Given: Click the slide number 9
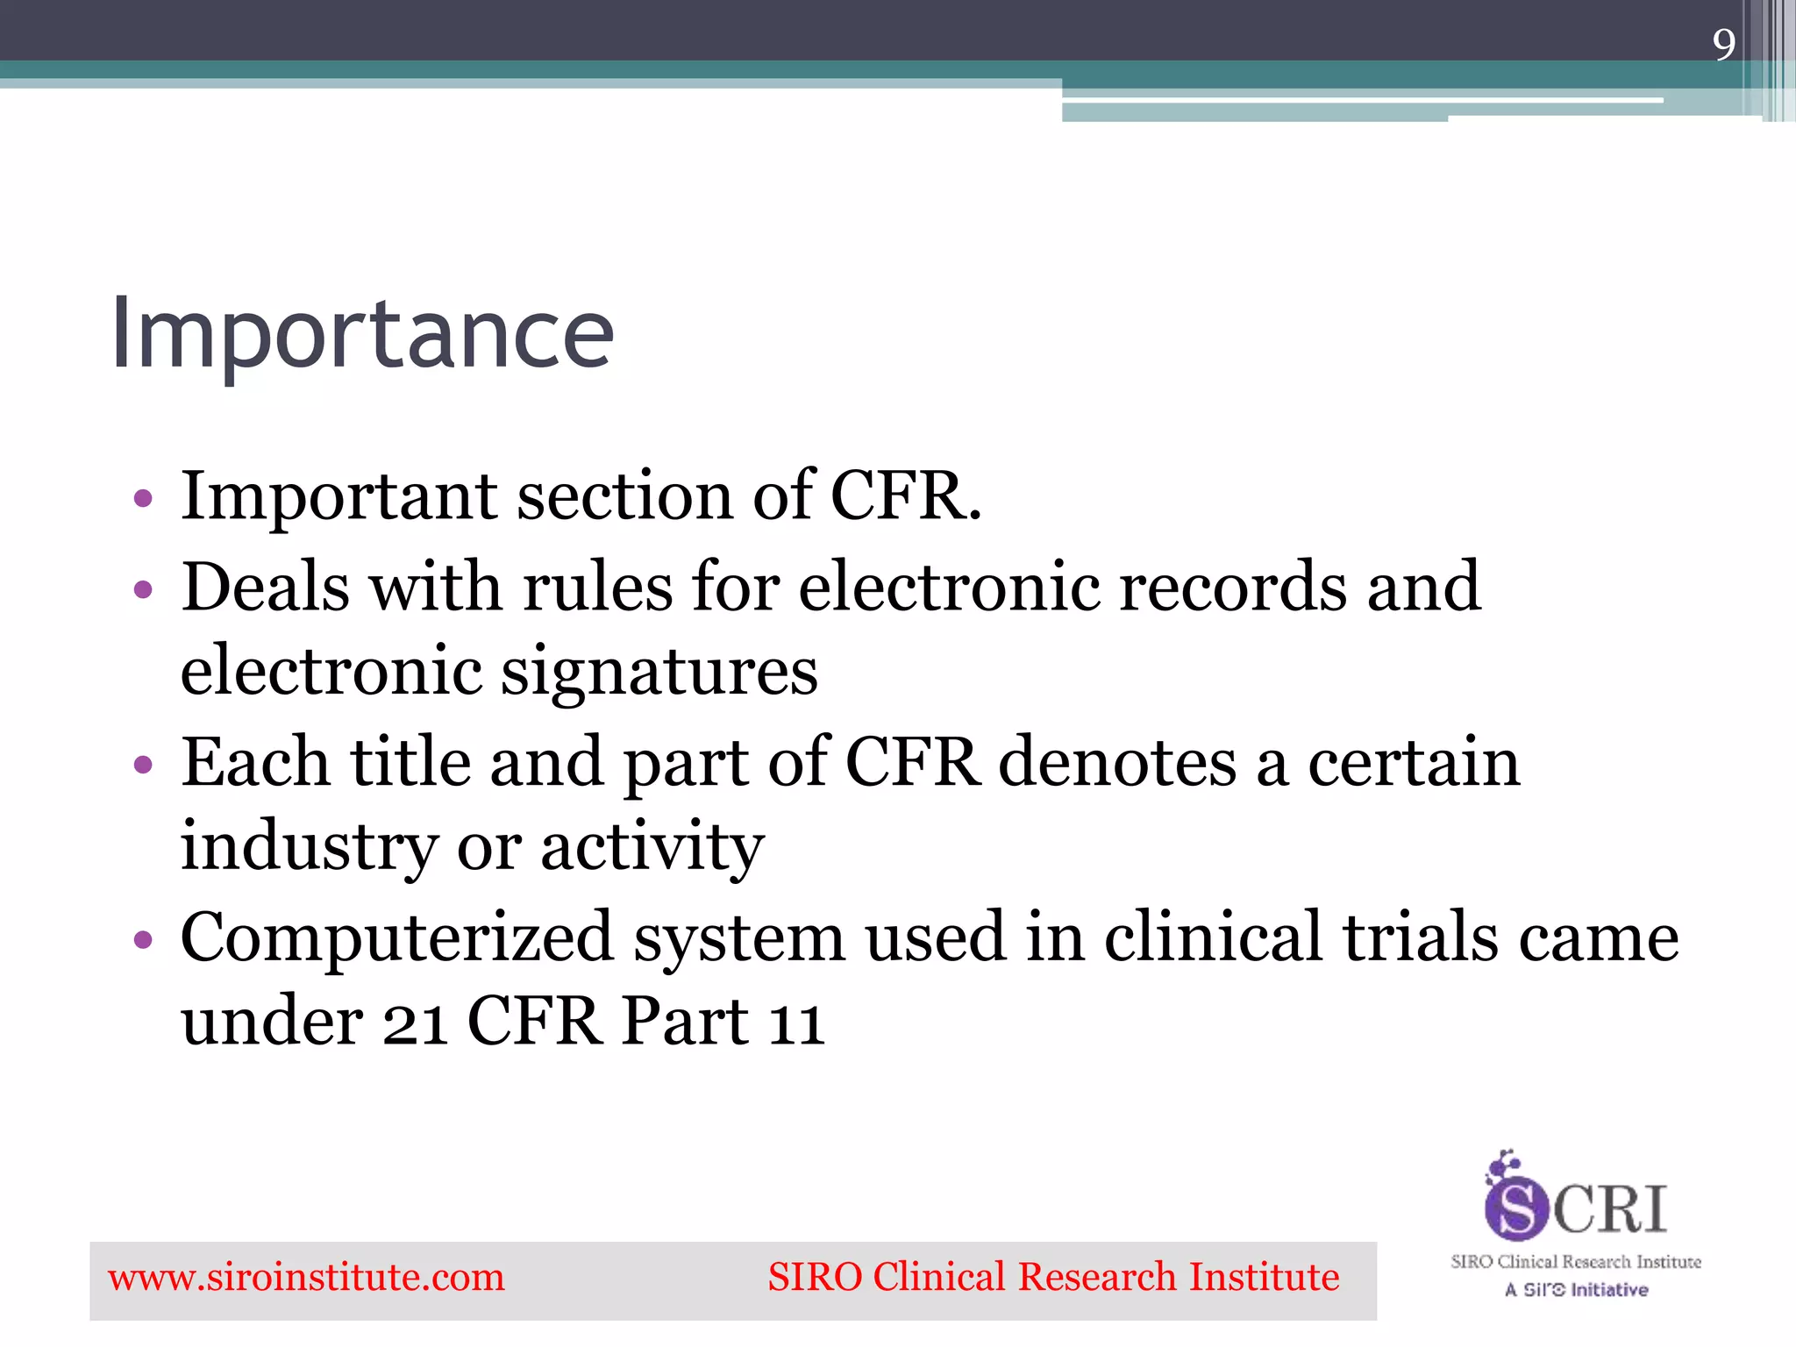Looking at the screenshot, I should click(1723, 45).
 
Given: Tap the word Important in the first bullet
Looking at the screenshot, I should click(339, 496).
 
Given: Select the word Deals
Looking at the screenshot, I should click(265, 587).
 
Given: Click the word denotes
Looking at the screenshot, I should click(1116, 762).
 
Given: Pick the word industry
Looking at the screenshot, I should click(308, 847).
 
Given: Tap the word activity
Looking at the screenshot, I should click(652, 847).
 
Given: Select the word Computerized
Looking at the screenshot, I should click(396, 937).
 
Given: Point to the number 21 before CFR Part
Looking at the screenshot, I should click(415, 1023).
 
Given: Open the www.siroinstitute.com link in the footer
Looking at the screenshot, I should click(306, 1278).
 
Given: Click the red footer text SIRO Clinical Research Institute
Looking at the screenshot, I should click(1053, 1278).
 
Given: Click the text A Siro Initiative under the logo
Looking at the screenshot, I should click(1576, 1290).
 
